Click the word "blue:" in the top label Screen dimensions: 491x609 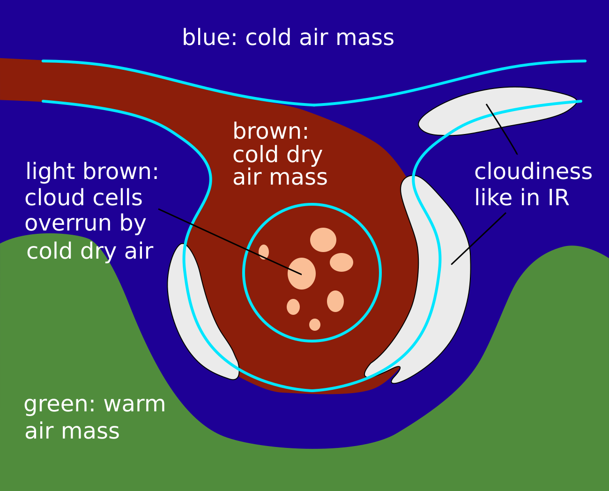[x=210, y=38]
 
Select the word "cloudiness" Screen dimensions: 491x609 [x=533, y=172]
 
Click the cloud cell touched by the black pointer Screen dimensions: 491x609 [x=302, y=273]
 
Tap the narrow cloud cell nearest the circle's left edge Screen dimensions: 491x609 [x=264, y=252]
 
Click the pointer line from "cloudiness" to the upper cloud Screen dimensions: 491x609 [x=502, y=129]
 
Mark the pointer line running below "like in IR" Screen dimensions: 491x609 [x=478, y=239]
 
